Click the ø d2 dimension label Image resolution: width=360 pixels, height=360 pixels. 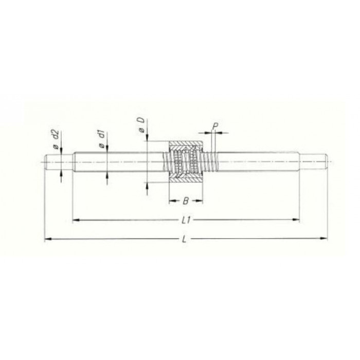57,139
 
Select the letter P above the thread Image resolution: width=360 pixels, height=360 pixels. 214,126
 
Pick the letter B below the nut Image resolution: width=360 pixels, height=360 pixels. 186,201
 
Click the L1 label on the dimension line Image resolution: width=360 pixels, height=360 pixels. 186,220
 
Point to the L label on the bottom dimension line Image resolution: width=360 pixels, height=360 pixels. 184,240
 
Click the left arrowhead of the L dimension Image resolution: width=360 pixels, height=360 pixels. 47,239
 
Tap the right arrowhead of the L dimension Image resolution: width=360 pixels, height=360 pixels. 324,239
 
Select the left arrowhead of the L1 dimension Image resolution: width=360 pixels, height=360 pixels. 76,220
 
